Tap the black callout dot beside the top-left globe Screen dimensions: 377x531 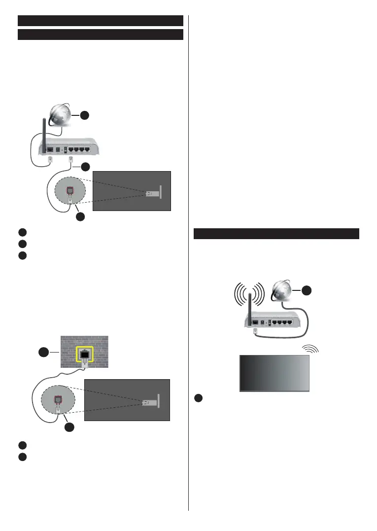coord(85,115)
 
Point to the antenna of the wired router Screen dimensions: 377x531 coord(43,133)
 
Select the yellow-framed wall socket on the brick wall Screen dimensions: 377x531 coord(85,354)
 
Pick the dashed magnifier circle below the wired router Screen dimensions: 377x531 coord(70,196)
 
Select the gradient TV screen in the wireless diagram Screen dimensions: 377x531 coord(274,373)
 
